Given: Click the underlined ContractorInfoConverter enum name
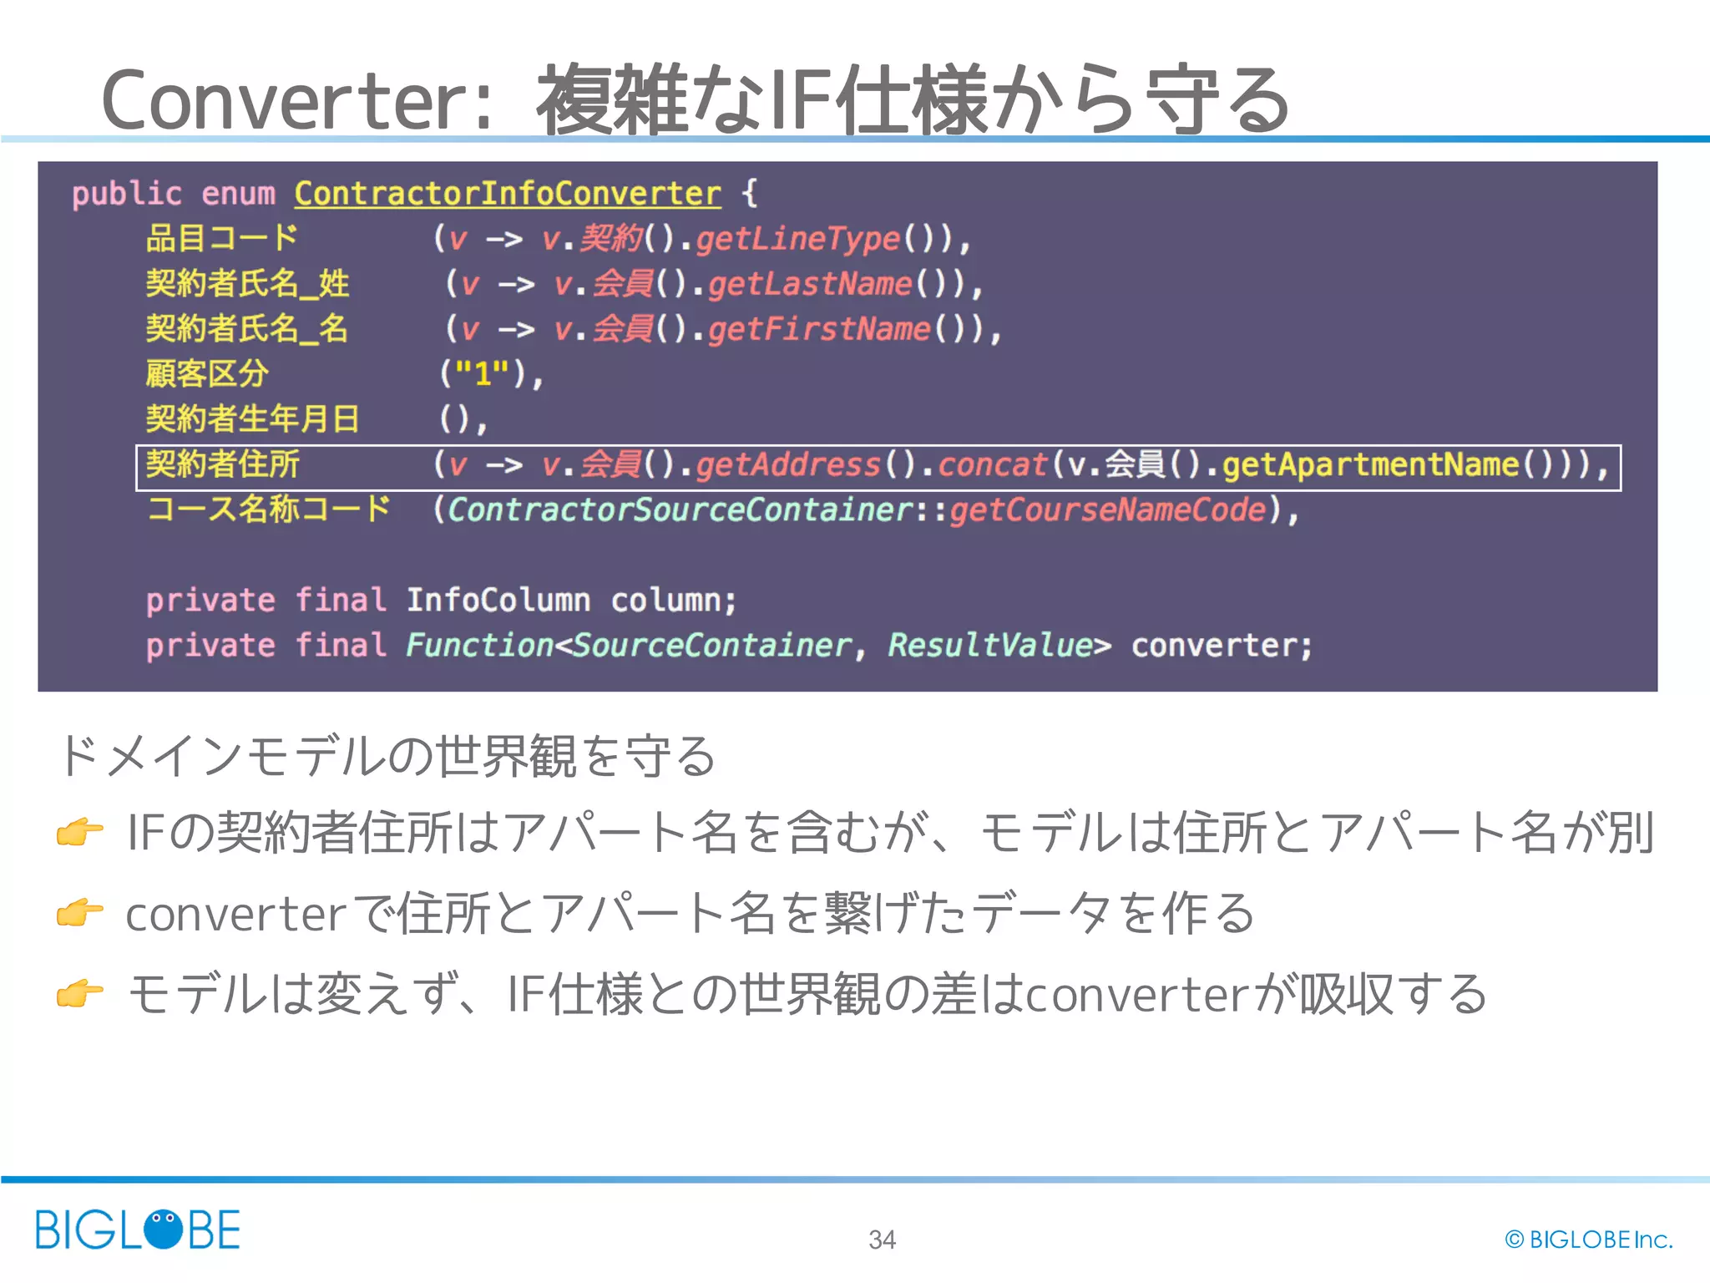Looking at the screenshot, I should pos(507,194).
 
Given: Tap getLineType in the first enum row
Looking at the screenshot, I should pos(798,239).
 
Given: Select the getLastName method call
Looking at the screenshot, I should pos(810,284).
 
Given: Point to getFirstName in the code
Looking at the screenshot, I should pos(819,329).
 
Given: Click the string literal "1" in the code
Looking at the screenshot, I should pos(482,373).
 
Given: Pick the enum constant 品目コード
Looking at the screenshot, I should pos(221,238).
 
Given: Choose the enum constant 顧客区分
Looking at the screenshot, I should pos(207,373).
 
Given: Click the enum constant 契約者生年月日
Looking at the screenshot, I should pos(252,418).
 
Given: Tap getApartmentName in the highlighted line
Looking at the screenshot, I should pos(1370,464).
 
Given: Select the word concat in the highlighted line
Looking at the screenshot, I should pos(992,464).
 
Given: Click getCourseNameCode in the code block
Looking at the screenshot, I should pos(1107,510).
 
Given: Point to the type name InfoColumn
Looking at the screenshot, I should pos(498,600).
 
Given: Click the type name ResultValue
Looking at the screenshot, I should pos(989,645).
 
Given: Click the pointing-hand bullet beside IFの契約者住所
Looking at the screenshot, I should pos(79,832).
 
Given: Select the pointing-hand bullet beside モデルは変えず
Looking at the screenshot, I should pos(79,994).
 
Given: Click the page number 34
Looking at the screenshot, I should pos(882,1240).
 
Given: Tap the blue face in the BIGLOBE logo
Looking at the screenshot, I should pos(163,1229).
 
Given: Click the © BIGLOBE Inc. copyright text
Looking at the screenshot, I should pos(1589,1240).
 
